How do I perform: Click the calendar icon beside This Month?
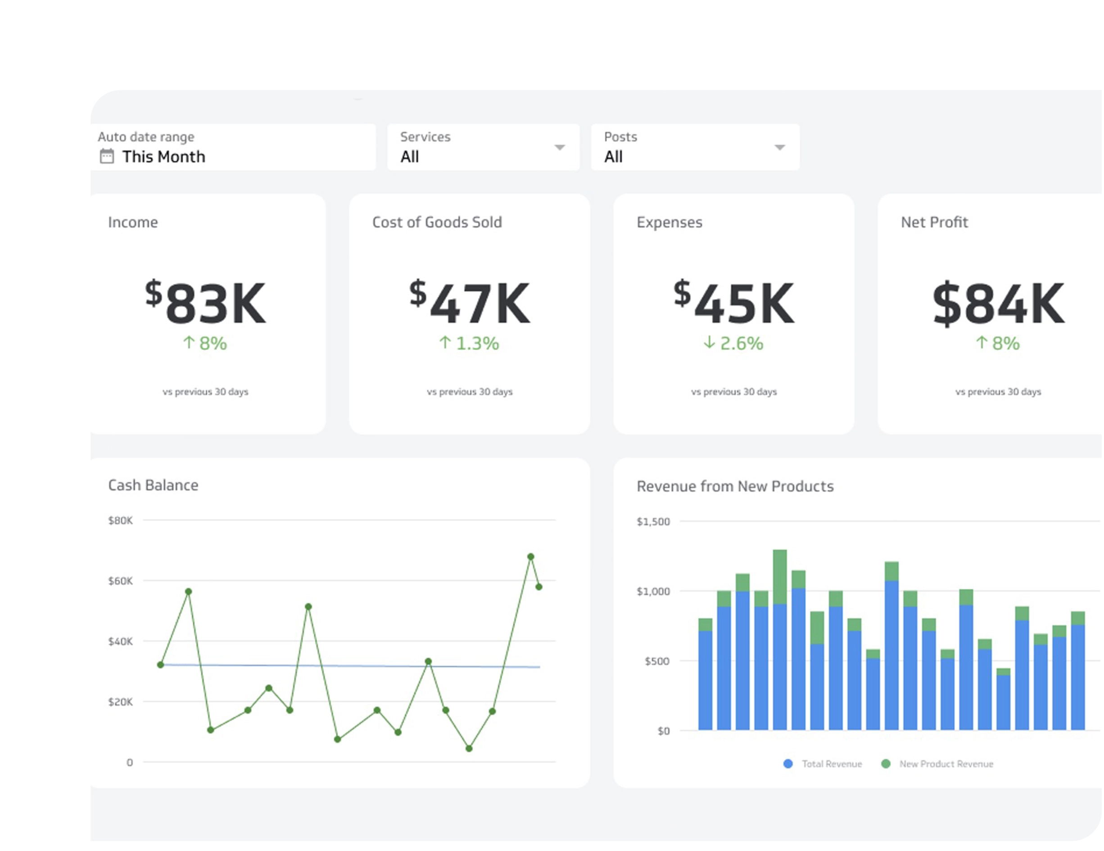click(x=107, y=156)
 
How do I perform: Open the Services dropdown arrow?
click(x=559, y=148)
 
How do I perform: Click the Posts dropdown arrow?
click(x=779, y=148)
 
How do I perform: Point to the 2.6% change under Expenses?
click(x=733, y=344)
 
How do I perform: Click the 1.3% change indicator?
click(x=469, y=344)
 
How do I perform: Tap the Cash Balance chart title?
click(x=153, y=485)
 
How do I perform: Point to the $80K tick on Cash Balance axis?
click(x=120, y=520)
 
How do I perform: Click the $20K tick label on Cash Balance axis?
click(x=120, y=702)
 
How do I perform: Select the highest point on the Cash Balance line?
click(x=531, y=556)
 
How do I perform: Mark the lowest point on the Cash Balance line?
click(x=469, y=748)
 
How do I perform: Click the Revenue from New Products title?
click(x=735, y=486)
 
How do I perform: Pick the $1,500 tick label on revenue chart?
click(x=653, y=521)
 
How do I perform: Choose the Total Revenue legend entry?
click(x=831, y=764)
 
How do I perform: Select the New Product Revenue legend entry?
click(x=946, y=764)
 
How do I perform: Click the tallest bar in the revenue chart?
click(x=780, y=640)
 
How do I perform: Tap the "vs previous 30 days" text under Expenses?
click(x=734, y=391)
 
